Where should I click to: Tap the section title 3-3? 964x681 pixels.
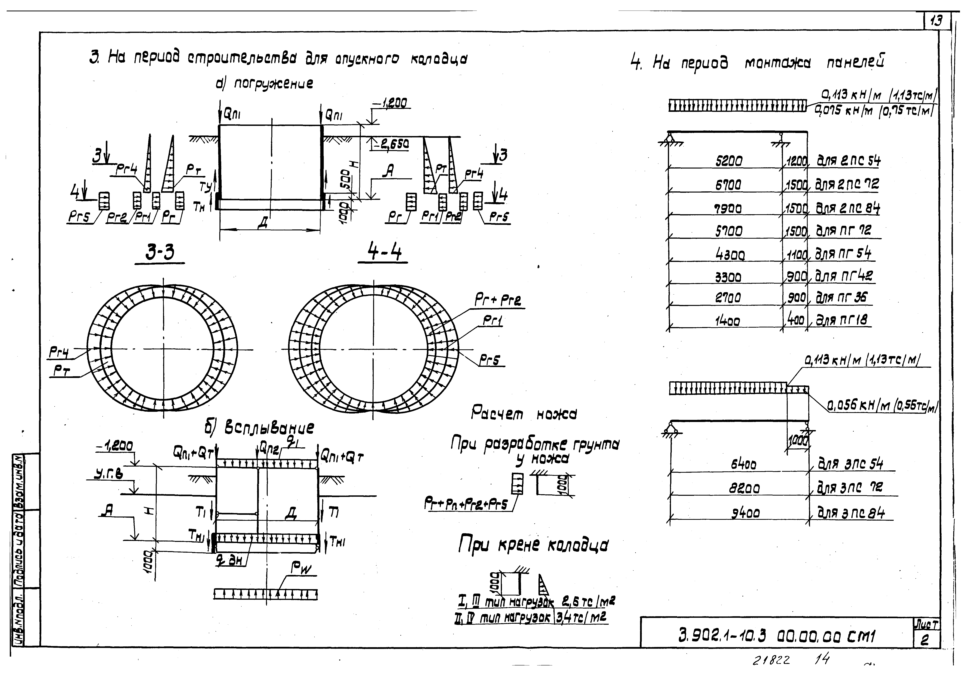(x=160, y=253)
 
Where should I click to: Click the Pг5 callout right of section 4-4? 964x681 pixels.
(x=490, y=360)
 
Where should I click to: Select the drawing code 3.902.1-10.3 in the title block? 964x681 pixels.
(x=722, y=636)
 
